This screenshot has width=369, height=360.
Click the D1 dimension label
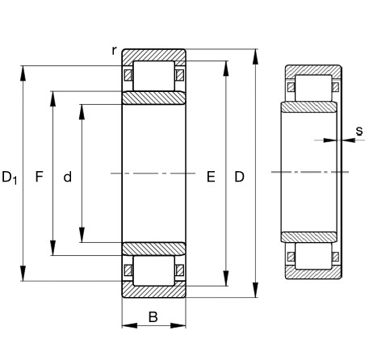point(10,178)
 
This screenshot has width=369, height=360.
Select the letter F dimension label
point(40,177)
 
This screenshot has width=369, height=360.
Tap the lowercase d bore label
point(68,177)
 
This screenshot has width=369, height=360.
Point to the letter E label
point(211,177)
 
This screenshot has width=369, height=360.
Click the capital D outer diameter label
point(240,177)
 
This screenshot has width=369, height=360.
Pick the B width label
point(153,317)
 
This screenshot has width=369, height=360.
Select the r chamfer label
point(115,50)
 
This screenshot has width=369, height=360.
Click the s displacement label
point(359,131)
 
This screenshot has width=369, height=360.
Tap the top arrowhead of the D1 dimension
point(23,73)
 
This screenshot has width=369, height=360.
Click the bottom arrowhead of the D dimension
point(255,290)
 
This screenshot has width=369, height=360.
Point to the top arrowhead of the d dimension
point(82,112)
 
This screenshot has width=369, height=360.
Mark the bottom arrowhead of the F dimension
point(53,248)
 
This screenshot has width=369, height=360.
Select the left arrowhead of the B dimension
point(130,325)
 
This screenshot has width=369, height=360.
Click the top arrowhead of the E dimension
point(226,69)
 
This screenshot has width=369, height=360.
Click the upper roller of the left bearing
point(154,76)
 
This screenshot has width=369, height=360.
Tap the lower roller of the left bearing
point(154,270)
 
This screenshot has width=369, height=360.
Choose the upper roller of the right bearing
point(313,88)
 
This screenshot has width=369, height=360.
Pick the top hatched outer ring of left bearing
point(154,56)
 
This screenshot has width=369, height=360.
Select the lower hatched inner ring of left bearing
point(154,249)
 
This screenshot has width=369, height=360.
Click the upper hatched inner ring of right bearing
point(309,107)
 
